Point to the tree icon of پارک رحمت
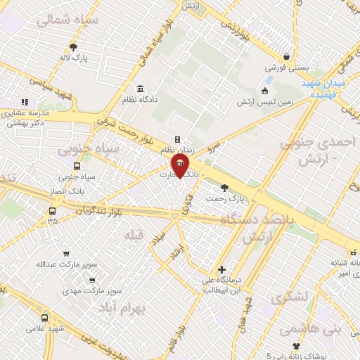(225, 188)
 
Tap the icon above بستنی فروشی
(285, 57)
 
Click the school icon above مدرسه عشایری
(25, 102)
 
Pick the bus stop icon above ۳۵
(53, 210)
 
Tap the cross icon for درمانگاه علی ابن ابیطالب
(221, 269)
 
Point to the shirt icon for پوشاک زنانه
(296, 346)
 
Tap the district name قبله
(131, 233)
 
